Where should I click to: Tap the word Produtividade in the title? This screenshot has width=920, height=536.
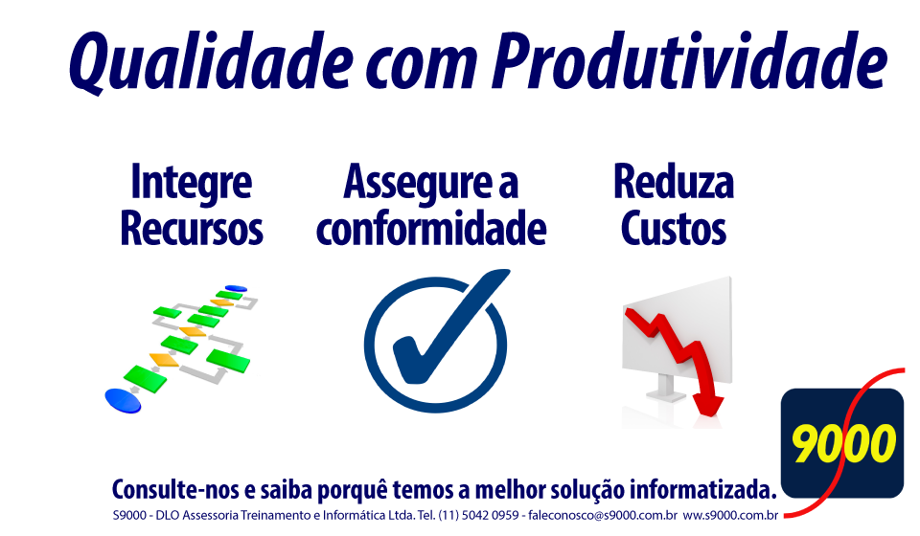[x=690, y=59]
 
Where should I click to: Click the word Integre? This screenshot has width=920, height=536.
[x=192, y=184]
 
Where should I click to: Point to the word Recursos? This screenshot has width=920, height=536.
[x=192, y=228]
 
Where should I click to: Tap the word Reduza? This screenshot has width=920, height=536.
[x=674, y=182]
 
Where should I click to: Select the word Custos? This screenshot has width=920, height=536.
[x=674, y=228]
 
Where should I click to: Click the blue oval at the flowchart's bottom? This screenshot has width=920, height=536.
[x=124, y=401]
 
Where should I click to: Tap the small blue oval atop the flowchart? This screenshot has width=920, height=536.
[x=236, y=288]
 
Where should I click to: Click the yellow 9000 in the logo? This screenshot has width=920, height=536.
[x=843, y=443]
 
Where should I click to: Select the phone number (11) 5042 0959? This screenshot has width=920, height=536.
[x=478, y=516]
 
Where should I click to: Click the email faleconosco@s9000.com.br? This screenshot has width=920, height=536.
[x=603, y=516]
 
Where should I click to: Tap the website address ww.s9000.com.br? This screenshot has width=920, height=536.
[x=730, y=516]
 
